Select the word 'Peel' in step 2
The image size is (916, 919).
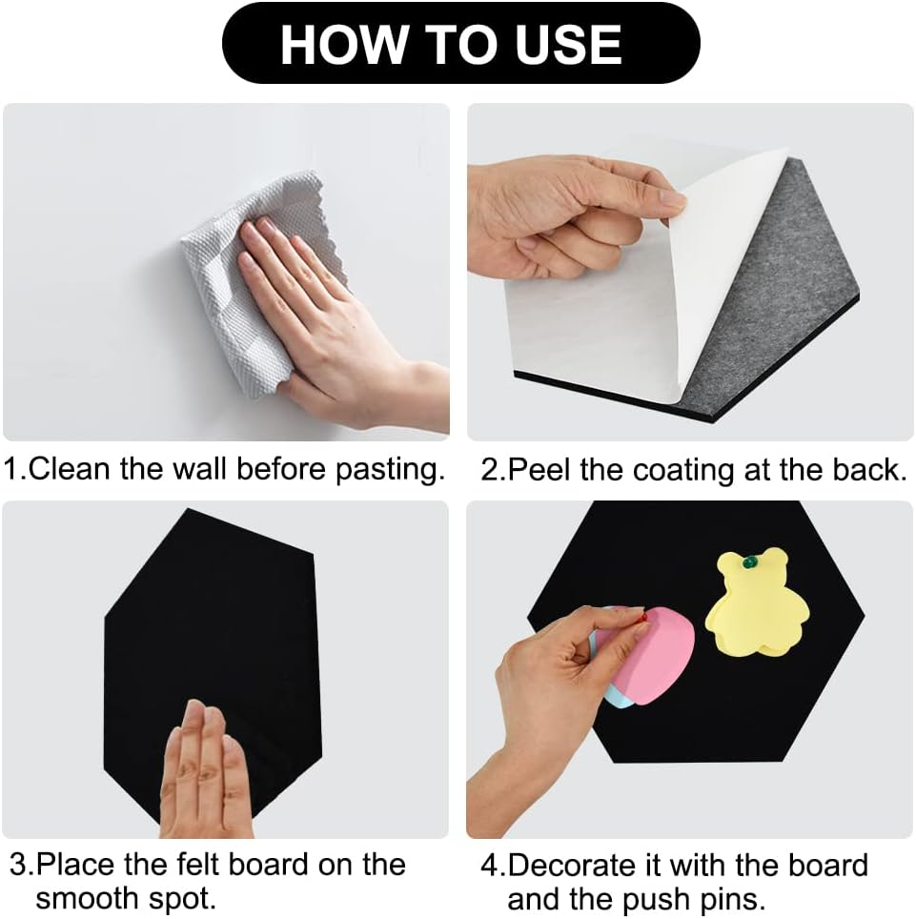(539, 470)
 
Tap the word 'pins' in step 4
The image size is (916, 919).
(735, 898)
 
